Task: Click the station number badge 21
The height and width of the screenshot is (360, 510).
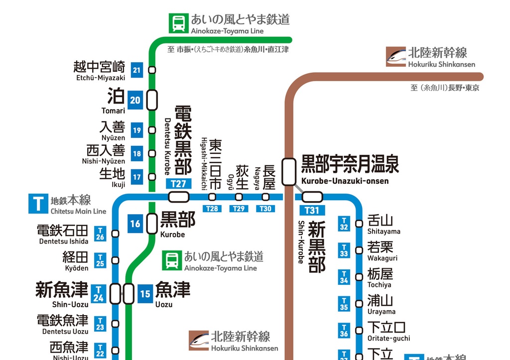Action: pos(137,70)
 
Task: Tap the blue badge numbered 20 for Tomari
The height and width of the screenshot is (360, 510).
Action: pos(135,100)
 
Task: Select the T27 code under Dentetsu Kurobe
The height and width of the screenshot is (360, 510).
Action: pos(178,184)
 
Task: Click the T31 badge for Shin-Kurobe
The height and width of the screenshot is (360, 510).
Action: pos(312,210)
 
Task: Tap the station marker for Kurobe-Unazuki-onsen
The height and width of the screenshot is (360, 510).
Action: pos(287,171)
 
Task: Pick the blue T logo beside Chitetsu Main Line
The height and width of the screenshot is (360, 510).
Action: pos(38,204)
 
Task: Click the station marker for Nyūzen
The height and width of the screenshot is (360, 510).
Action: pos(152,130)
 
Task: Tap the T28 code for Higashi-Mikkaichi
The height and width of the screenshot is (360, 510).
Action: pos(212,209)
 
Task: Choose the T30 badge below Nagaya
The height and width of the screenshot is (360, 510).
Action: pos(265,209)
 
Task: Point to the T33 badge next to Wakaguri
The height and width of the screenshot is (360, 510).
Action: pos(344,250)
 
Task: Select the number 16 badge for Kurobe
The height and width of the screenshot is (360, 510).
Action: pos(135,224)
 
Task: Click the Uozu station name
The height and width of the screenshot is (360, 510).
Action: pos(172,293)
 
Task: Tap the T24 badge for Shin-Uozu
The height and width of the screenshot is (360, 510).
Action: pos(99,293)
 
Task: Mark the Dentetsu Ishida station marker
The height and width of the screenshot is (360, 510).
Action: pos(116,234)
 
